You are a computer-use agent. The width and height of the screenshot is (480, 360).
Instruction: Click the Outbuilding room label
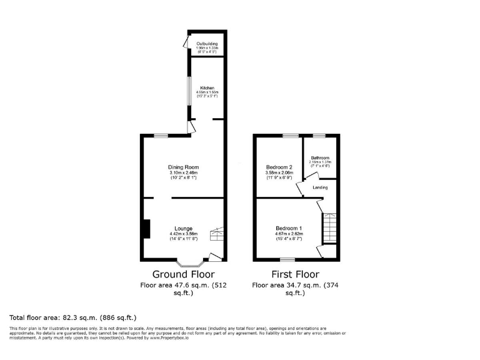pos(207,43)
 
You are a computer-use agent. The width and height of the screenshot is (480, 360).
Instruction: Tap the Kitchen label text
pos(207,87)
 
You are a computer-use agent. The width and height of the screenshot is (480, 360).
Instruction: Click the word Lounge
pos(183,228)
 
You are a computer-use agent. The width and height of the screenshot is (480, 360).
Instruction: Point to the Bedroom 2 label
pos(279,167)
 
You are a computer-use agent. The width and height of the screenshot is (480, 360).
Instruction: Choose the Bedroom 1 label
pos(289,228)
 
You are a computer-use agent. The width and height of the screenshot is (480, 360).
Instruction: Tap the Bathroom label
pos(320,157)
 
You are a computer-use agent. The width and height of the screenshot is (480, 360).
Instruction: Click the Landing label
pos(320,187)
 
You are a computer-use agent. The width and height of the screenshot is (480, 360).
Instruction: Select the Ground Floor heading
pos(183,274)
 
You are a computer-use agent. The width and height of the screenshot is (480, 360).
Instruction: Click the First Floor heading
pos(295,274)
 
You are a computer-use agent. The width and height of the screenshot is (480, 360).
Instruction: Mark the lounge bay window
pos(189,262)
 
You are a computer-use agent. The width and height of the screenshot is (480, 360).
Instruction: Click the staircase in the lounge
pos(217,234)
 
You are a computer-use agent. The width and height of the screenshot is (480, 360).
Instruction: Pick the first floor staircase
pos(329,228)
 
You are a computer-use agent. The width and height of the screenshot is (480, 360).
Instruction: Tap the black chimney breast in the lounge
pos(146,229)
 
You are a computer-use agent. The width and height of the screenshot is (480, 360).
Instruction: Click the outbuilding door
pos(186,42)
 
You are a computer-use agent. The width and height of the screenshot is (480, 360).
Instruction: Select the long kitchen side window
pos(190,91)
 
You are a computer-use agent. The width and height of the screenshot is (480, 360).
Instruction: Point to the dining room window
pos(161,136)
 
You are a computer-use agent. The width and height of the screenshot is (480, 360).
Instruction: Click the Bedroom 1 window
pos(287,259)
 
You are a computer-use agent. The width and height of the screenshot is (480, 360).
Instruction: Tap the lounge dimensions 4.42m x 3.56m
pos(183,234)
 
